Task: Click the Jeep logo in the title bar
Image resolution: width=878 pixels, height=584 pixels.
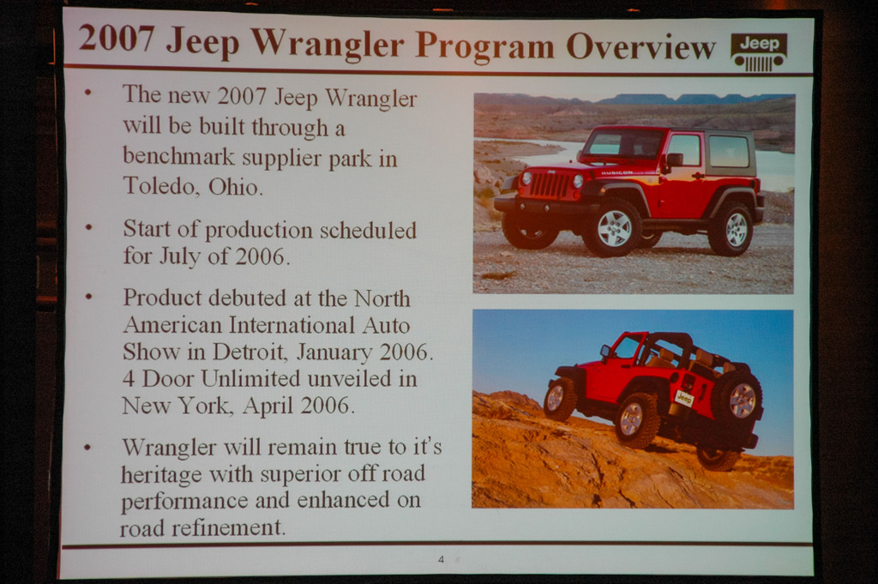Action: click(759, 52)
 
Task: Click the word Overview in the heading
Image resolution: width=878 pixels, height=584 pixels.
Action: click(640, 46)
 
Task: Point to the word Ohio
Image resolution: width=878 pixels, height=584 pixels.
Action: click(235, 186)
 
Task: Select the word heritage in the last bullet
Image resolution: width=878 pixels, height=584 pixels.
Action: click(160, 475)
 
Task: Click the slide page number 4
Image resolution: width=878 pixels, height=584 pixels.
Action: click(442, 559)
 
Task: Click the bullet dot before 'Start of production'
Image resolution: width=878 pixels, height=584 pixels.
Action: click(88, 227)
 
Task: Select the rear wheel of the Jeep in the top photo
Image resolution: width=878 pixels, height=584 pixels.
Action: click(732, 229)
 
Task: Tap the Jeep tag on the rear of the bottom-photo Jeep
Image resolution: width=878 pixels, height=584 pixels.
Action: click(684, 398)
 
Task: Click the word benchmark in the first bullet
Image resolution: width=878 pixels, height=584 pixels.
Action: click(178, 156)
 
